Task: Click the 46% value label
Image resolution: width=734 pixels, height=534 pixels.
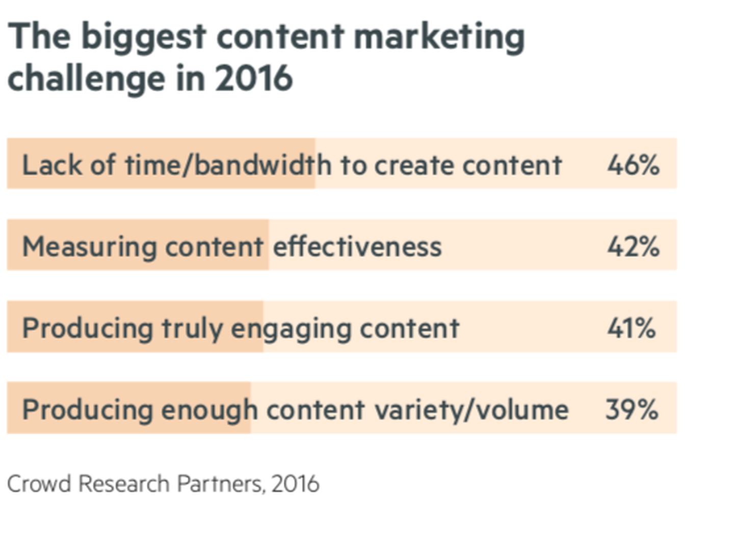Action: pos(633,165)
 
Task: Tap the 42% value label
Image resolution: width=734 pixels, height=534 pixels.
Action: pos(633,247)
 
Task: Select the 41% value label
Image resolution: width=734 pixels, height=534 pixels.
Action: pos(631,328)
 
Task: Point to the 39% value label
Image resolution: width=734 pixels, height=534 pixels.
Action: pos(632,409)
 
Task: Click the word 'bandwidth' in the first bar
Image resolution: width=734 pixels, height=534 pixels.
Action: pos(263,165)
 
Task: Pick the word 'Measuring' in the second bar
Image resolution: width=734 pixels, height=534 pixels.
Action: pos(89,247)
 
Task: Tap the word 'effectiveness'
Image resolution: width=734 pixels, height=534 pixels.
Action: pos(357,247)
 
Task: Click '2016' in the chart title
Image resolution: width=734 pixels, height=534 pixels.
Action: pos(254,78)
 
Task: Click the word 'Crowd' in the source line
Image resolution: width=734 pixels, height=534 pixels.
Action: pos(39,484)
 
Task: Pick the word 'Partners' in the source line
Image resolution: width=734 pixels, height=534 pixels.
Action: pos(220,484)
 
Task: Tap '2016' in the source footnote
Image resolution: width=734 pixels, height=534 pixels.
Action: pos(295,484)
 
